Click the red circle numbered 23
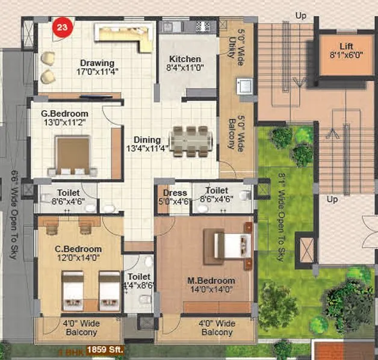click(61, 27)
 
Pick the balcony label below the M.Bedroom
click(217, 328)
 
